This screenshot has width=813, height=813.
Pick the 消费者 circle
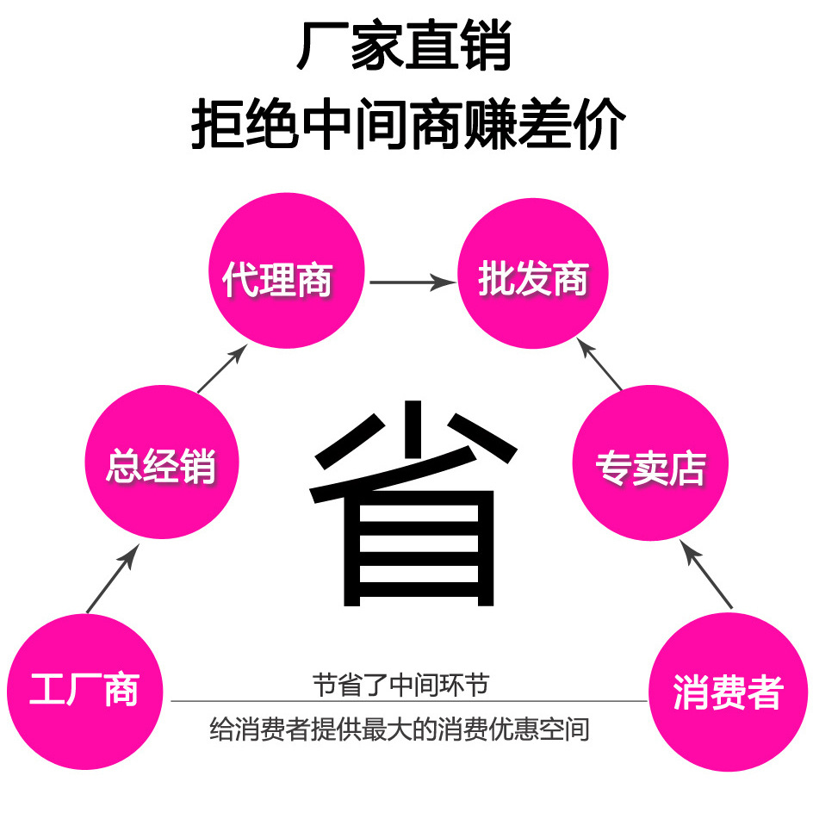point(728,692)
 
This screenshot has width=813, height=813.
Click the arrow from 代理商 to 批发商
point(412,282)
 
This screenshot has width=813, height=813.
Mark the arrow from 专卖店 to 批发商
point(599,363)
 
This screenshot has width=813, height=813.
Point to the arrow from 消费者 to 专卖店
point(706,574)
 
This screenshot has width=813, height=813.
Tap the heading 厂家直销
point(405,48)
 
